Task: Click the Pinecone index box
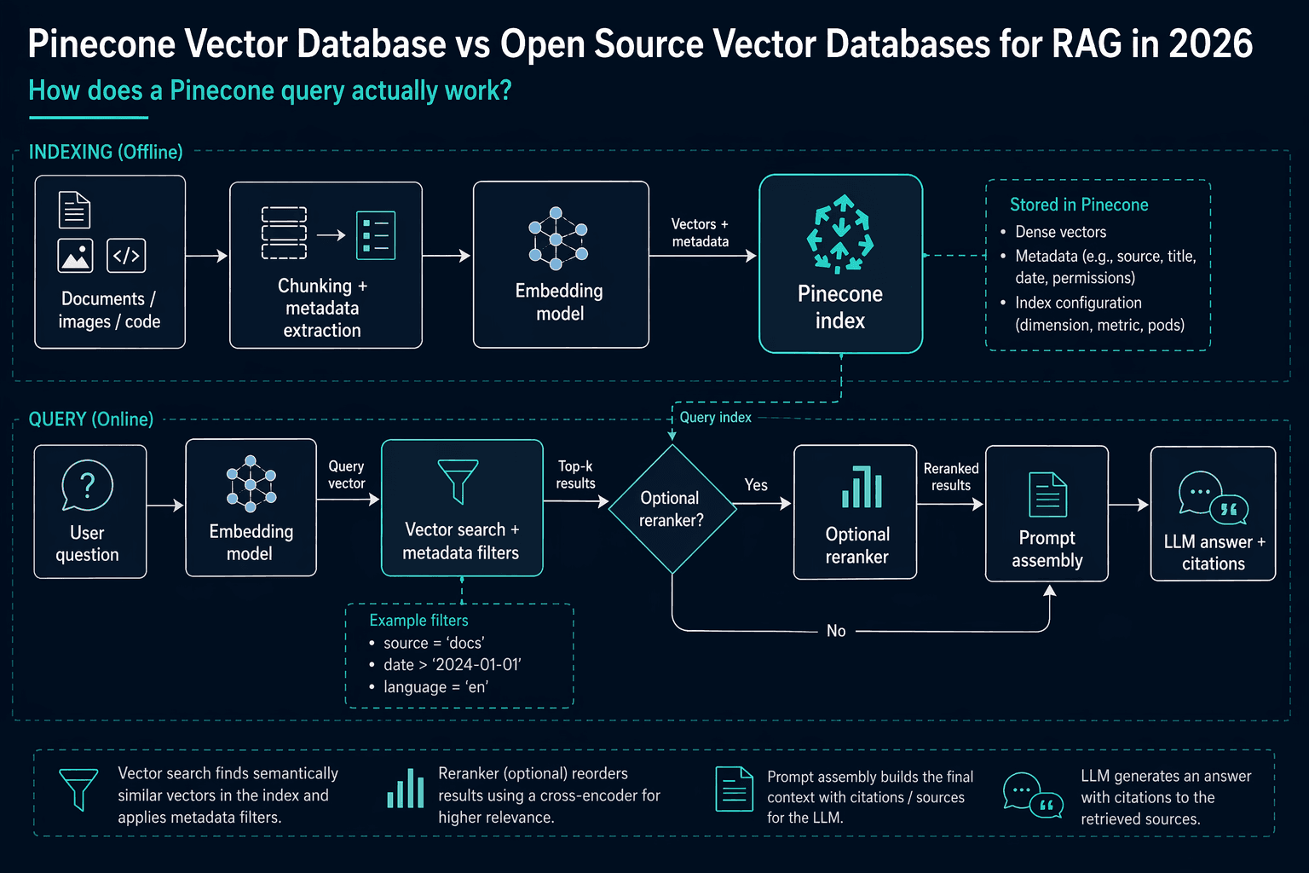840,263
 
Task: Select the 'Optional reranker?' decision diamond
672,509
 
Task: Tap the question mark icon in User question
87,485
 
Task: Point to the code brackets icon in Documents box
126,256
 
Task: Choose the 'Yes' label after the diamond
756,485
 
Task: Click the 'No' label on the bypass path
836,631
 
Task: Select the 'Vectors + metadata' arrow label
700,233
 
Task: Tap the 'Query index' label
715,418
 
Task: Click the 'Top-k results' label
575,474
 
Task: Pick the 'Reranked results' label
951,477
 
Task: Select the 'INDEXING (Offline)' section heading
106,152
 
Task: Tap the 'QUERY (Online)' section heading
91,419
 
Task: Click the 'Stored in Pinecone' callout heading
1079,205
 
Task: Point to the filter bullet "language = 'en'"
435,687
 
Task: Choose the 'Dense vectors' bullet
1060,232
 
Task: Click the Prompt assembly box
1047,513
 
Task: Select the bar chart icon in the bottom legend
406,789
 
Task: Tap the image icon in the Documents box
75,256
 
